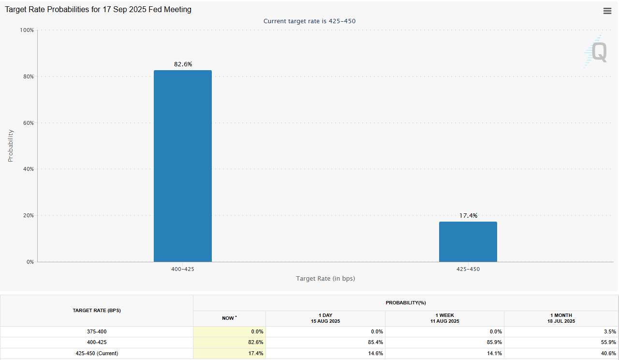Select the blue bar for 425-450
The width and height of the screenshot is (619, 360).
pos(468,241)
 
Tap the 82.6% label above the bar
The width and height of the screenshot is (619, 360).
pos(183,64)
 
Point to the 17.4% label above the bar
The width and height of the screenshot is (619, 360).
pos(468,216)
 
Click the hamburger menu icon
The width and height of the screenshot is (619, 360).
pos(607,11)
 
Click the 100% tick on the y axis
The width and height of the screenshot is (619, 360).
pos(27,30)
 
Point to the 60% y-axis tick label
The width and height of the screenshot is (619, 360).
pos(28,123)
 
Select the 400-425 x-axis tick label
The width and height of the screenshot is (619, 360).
pos(183,269)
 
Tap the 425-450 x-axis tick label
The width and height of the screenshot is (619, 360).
pos(468,269)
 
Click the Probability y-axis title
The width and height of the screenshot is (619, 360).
pos(11,146)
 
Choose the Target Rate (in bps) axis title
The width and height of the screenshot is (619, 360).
pos(325,279)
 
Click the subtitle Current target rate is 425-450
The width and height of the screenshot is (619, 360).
pos(309,21)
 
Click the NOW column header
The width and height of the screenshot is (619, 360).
pos(229,318)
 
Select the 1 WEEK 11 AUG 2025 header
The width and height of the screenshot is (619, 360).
pos(444,318)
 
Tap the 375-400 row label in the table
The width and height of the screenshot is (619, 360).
pos(97,332)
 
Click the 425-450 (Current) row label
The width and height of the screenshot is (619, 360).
pos(97,353)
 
